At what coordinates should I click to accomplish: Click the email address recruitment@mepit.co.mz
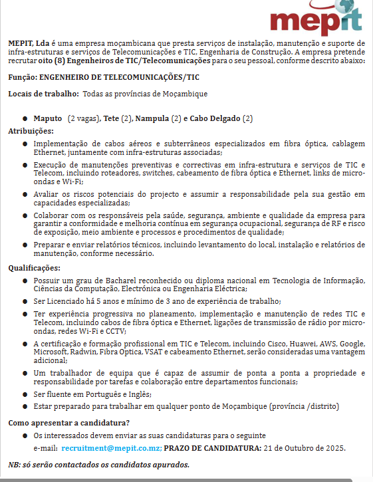point(111,448)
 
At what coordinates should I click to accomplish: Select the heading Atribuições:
point(30,131)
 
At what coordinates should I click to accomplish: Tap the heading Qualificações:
point(34,268)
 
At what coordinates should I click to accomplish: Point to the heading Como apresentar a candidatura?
point(68,423)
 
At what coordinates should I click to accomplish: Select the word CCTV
point(116,330)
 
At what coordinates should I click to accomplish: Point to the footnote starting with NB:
point(98,465)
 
